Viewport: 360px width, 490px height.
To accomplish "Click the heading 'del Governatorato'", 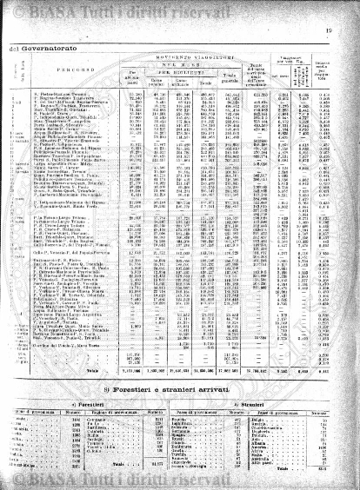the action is pyautogui.click(x=38, y=49).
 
